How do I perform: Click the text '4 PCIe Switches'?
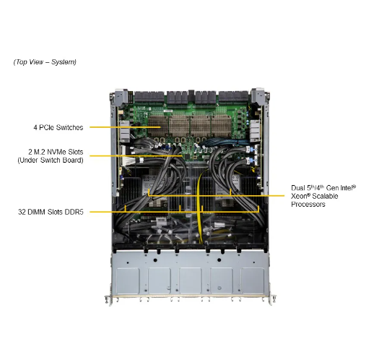pyautogui.click(x=58, y=127)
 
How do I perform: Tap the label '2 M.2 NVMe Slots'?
pyautogui.click(x=56, y=152)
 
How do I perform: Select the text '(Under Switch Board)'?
pyautogui.click(x=51, y=160)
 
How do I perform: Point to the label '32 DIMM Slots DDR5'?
pyautogui.click(x=51, y=212)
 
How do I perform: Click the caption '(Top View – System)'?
pyautogui.click(x=45, y=62)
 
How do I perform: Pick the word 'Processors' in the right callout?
pyautogui.click(x=308, y=205)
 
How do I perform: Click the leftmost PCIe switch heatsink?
pyautogui.click(x=158, y=126)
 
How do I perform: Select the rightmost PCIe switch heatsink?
pyautogui.click(x=222, y=126)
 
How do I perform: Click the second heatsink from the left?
pyautogui.click(x=179, y=126)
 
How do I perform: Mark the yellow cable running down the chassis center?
pyautogui.click(x=199, y=207)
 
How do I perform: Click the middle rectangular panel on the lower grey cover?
pyautogui.click(x=191, y=280)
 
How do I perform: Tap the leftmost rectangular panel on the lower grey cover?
pyautogui.click(x=128, y=280)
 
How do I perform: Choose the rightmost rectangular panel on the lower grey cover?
pyautogui.click(x=253, y=280)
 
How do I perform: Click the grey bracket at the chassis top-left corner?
pyautogui.click(x=121, y=97)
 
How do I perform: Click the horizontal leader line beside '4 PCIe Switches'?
pyautogui.click(x=125, y=127)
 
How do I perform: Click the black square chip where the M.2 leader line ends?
pyautogui.click(x=186, y=157)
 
